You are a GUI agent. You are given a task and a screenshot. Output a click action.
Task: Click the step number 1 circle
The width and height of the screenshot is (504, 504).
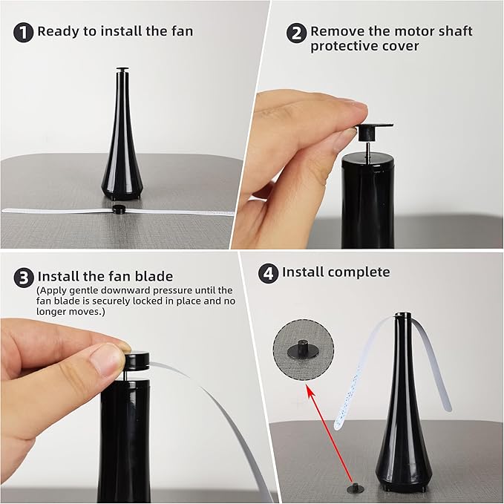(x=24, y=32)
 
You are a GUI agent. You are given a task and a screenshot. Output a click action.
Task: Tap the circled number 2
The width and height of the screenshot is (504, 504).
(x=297, y=32)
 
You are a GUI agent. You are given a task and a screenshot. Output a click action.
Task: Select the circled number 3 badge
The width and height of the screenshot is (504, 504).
(x=24, y=277)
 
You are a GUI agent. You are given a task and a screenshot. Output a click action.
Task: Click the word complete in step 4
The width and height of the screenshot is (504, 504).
(x=359, y=272)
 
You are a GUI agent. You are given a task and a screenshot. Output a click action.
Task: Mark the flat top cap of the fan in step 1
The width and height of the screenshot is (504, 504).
(x=122, y=71)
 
